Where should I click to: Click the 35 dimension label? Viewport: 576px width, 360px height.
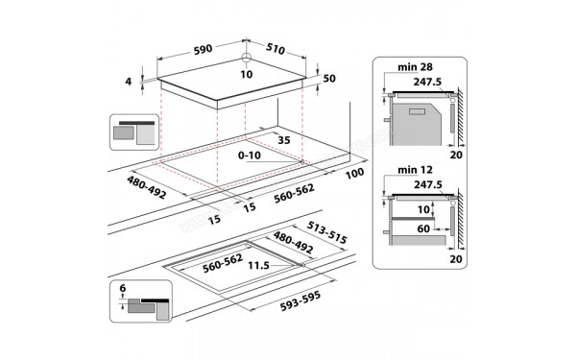[x=283, y=140]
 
